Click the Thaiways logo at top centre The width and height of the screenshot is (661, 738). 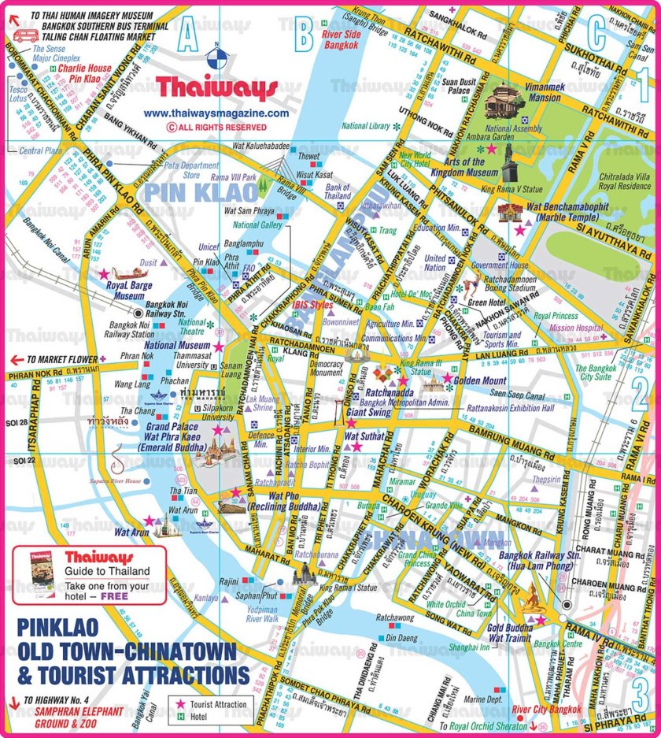tap(216, 86)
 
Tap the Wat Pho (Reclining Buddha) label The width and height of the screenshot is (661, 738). tap(284, 501)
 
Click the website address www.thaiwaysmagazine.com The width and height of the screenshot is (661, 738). tap(216, 113)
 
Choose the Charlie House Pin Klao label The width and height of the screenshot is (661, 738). tap(85, 74)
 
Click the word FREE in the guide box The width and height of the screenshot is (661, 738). tap(114, 596)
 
